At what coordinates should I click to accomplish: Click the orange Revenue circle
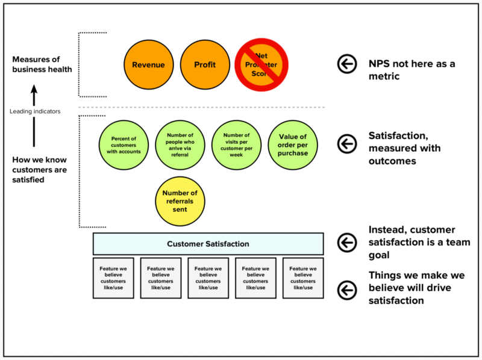click(148, 64)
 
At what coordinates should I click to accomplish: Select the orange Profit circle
click(205, 64)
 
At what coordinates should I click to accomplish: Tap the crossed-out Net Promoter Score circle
click(261, 64)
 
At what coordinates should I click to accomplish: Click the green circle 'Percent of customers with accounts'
click(124, 145)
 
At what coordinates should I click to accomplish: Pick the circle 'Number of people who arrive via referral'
click(180, 145)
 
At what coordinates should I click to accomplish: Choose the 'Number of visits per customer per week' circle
click(236, 145)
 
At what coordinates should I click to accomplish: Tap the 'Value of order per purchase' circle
click(292, 145)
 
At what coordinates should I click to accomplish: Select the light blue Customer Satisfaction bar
click(208, 244)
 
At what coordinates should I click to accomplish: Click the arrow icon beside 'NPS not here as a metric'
click(346, 64)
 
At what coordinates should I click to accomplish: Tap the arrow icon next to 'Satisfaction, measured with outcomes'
click(346, 144)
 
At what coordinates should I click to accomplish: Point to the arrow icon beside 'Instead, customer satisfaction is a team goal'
click(346, 243)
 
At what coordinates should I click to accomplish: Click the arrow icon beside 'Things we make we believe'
click(346, 290)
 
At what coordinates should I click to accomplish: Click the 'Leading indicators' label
click(34, 111)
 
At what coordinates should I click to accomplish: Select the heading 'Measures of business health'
click(42, 64)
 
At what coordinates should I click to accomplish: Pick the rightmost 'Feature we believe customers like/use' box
click(303, 278)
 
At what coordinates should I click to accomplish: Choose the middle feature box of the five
click(208, 278)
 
